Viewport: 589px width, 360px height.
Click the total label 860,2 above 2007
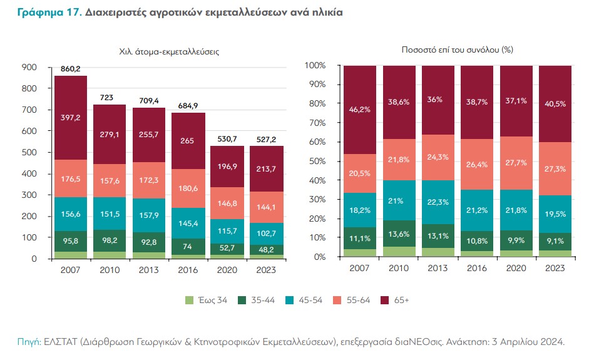70,69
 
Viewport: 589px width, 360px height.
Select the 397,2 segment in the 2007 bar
70,118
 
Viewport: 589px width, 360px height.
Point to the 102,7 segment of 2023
266,233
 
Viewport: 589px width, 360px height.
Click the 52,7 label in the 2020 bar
227,249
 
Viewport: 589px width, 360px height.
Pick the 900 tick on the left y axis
29,67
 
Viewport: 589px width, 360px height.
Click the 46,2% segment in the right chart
359,109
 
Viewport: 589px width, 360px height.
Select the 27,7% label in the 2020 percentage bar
516,162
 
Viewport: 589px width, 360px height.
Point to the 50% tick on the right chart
316,161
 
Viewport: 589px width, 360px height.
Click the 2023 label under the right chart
555,267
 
